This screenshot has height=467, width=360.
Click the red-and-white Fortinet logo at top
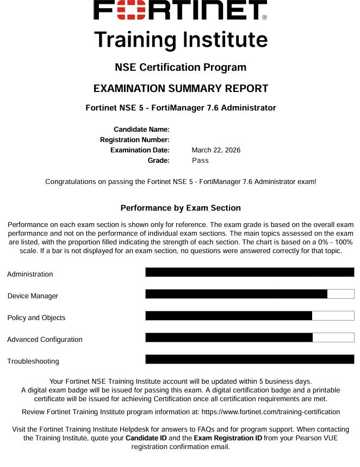pos(180,10)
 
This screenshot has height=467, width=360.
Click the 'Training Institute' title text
pos(181,40)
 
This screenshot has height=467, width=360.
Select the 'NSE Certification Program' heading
pos(181,67)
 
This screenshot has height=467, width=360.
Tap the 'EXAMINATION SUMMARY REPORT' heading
pos(181,88)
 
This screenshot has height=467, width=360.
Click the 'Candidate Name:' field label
pos(141,130)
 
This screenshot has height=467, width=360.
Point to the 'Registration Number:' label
pos(135,140)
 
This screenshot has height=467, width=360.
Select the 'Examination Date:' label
pos(140,150)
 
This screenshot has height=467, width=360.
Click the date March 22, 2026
pos(216,150)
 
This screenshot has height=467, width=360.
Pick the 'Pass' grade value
pos(200,161)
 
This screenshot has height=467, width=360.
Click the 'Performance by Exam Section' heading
pos(181,208)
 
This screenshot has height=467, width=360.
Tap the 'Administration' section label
pos(30,274)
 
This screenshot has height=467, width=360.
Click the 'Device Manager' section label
pos(33,296)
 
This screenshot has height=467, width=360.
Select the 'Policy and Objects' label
pos(36,318)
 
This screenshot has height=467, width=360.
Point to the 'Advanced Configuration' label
pos(45,340)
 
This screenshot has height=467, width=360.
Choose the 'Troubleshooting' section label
pos(33,361)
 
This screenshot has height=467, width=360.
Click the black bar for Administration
pos(250,272)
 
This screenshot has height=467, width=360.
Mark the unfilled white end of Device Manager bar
pos(341,294)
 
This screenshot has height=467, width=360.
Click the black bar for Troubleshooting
pos(250,359)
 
